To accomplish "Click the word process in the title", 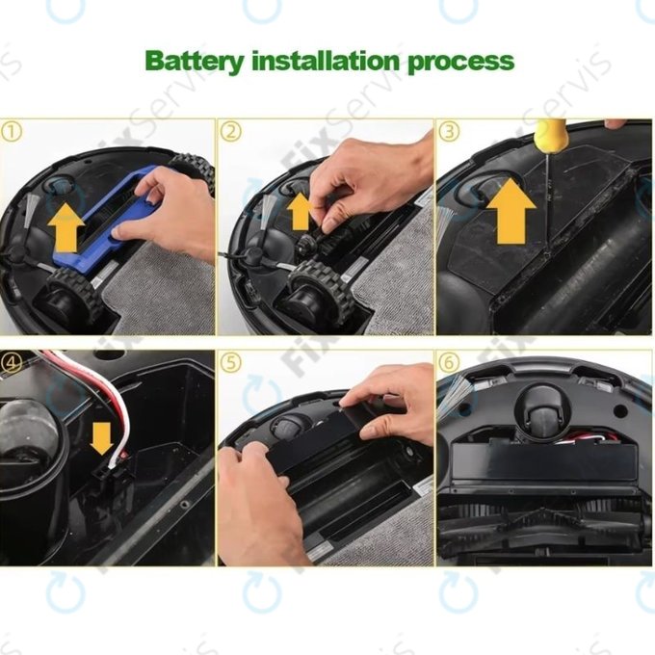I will click(460, 62).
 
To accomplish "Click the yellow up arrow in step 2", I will click(300, 211).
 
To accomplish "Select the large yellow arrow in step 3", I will click(508, 213).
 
